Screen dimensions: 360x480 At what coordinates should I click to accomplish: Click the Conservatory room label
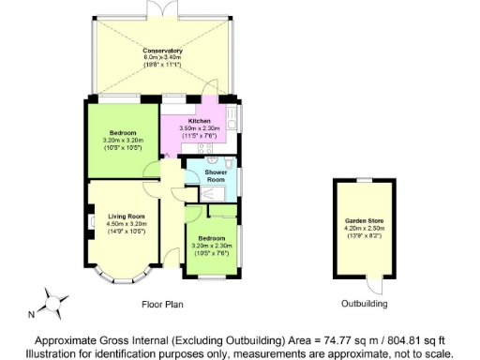click(162, 51)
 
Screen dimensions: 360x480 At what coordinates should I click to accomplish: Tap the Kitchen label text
click(200, 121)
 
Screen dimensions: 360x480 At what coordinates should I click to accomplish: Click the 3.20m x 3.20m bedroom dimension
click(121, 140)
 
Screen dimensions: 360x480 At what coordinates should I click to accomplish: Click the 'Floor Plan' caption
click(162, 305)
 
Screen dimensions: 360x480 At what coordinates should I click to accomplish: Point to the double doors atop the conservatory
click(162, 8)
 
